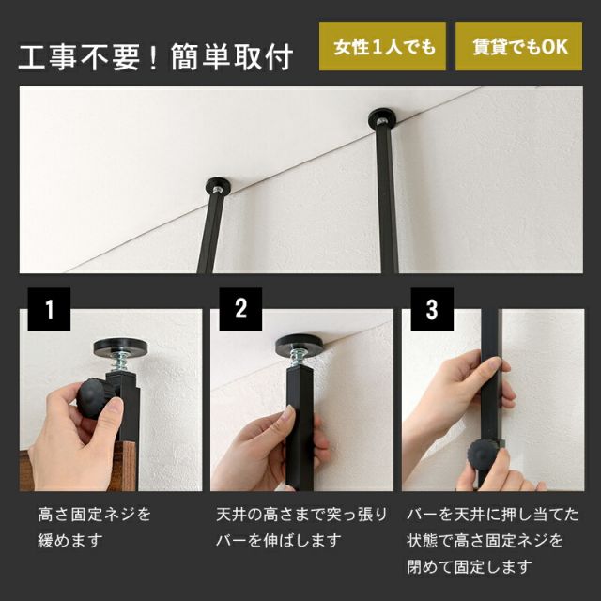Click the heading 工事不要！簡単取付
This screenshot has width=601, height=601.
156,55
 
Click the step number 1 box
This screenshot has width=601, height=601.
50,310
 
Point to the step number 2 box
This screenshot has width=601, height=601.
240,310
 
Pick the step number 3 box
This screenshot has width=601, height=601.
431,310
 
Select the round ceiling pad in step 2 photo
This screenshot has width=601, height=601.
300,344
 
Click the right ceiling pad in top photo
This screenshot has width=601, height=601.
383,118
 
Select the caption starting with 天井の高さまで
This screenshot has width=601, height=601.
300,528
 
